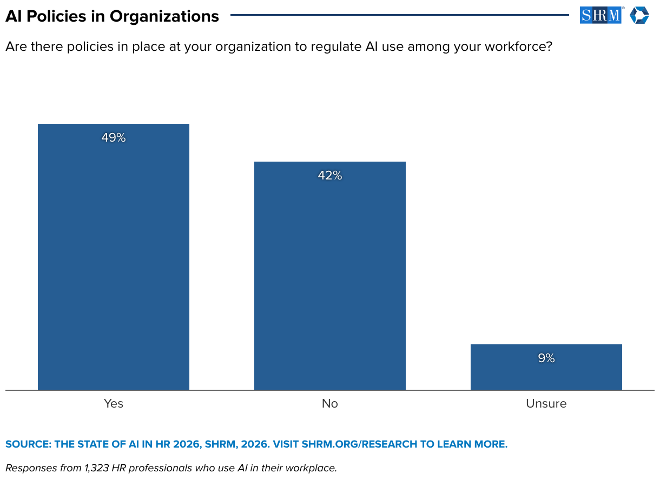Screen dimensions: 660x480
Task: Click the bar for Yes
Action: point(114,257)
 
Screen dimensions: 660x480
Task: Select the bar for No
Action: point(329,276)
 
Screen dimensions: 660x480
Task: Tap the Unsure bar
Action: point(546,367)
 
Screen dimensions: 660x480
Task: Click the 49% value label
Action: point(114,137)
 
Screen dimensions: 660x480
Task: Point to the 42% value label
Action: point(329,176)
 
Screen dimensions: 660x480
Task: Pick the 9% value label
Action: point(546,358)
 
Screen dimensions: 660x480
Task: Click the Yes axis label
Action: point(114,403)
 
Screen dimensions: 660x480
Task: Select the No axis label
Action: point(329,403)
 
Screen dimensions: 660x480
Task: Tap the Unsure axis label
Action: point(546,403)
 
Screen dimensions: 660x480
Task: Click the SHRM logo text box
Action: point(600,15)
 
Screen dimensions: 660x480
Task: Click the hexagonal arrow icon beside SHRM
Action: point(639,15)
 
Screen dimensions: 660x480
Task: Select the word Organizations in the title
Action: point(164,17)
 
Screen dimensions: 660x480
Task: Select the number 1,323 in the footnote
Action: point(97,468)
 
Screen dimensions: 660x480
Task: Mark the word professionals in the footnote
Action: point(160,468)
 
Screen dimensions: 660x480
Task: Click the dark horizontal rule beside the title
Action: point(400,15)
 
